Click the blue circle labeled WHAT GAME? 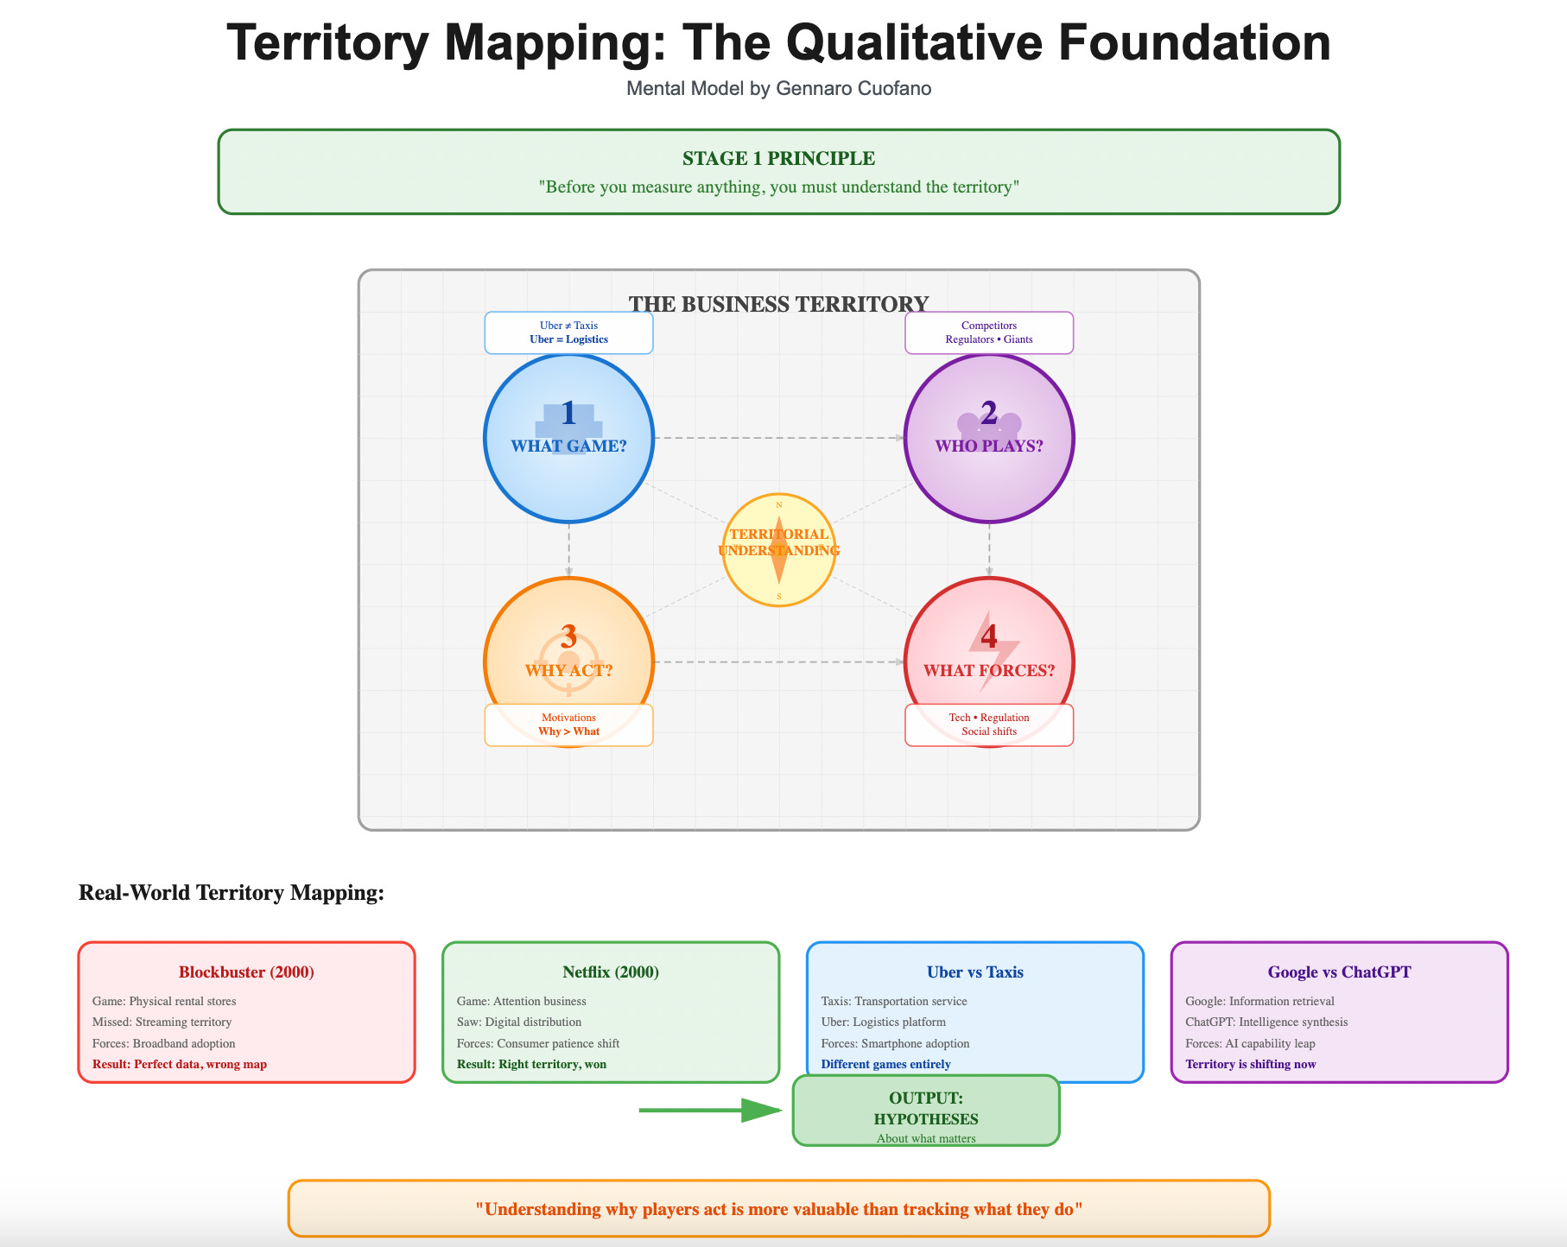coord(568,438)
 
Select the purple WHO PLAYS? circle coord(989,438)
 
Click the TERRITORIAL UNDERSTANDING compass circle coord(778,550)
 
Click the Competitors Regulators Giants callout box coord(989,333)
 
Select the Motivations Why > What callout coord(568,725)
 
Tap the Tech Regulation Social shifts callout coord(989,725)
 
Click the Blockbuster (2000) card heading coord(246,972)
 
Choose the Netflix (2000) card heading coord(611,972)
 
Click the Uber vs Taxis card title coord(974,972)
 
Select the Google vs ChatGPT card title coord(1339,972)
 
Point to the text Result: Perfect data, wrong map coord(180,1065)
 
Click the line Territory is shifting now coord(1251,1065)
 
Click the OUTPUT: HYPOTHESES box coord(926,1111)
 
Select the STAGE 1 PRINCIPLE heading coord(778,159)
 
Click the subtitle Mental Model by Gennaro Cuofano coord(778,89)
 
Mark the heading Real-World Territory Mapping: coord(232,893)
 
